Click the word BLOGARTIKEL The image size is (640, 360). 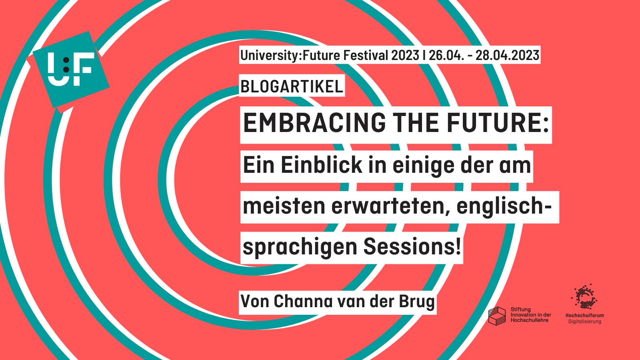click(x=292, y=87)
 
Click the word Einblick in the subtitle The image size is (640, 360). click(x=321, y=165)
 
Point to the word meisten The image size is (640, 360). click(x=284, y=206)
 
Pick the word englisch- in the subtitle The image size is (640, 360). click(x=504, y=206)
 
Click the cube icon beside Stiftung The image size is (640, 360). click(x=497, y=316)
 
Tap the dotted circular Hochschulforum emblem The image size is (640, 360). click(x=584, y=297)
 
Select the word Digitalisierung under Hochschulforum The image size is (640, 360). click(x=584, y=322)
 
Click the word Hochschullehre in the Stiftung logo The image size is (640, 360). click(x=529, y=320)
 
